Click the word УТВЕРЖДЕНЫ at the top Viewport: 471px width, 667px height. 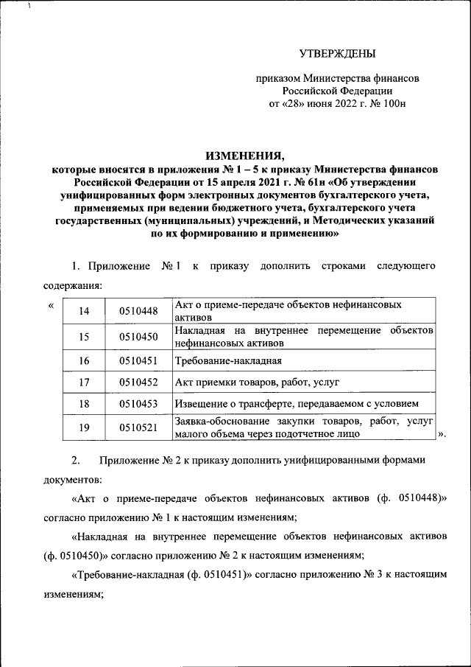point(338,53)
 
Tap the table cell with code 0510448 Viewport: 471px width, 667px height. point(138,310)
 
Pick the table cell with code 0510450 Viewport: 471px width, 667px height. point(138,337)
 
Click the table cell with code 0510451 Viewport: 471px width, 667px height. point(138,361)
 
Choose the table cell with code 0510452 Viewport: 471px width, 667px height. point(138,383)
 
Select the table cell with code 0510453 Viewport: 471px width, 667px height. point(138,404)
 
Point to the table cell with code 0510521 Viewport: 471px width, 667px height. point(138,428)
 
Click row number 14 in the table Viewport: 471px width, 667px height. point(84,310)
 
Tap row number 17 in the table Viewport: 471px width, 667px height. point(84,383)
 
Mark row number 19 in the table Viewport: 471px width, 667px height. point(84,428)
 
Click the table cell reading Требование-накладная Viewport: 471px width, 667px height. point(228,361)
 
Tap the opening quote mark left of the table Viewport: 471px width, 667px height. point(50,304)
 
